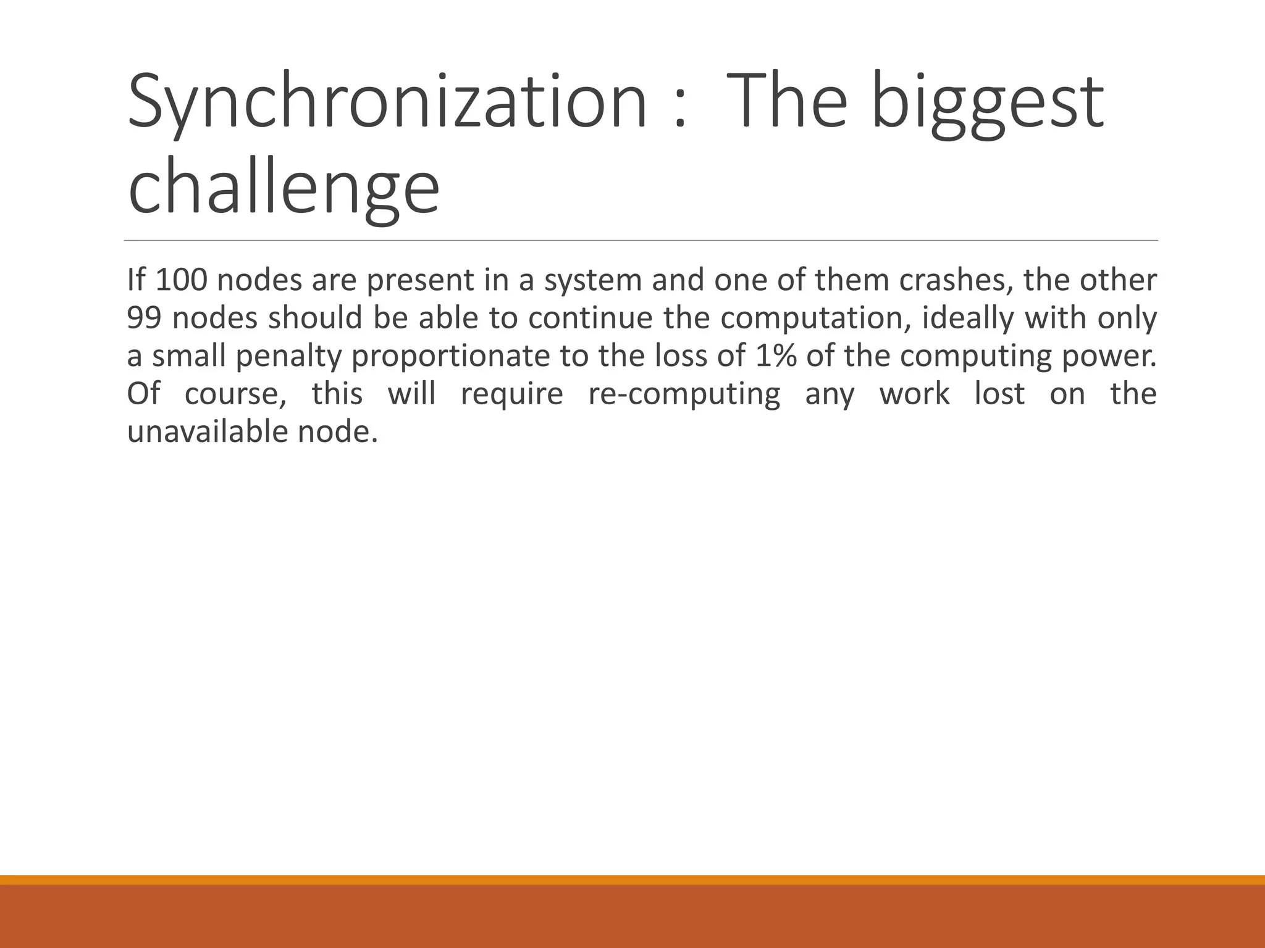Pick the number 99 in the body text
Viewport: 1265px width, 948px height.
(x=144, y=318)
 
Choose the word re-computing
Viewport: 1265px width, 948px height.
(x=684, y=395)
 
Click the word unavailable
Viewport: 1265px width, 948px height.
(x=206, y=432)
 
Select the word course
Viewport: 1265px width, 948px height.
(x=235, y=395)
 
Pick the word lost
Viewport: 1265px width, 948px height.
(x=999, y=394)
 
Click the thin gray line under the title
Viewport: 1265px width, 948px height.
(x=641, y=240)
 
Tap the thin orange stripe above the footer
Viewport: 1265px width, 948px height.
(x=632, y=880)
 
